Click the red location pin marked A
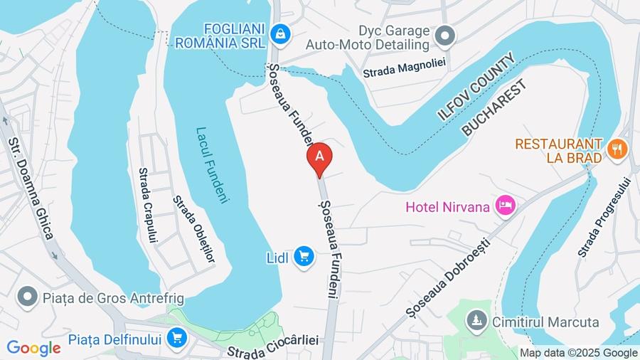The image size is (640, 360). point(319,157)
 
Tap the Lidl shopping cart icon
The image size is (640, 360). point(304,256)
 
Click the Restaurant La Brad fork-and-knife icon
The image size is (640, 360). point(617,149)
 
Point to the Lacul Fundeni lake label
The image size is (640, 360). point(212,165)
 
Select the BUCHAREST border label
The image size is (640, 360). point(495,108)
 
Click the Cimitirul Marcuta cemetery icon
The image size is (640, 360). point(476,322)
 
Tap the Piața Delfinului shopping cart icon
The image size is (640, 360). point(176,337)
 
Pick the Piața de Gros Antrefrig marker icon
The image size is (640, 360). point(28,295)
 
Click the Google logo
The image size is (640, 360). point(33,349)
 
